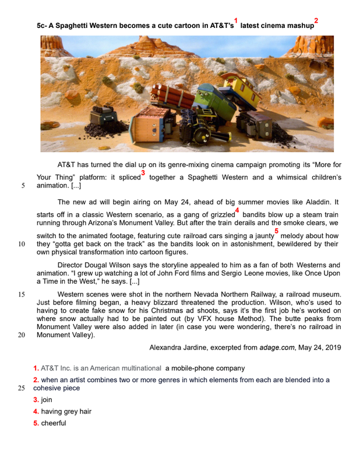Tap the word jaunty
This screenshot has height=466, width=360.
click(x=260, y=236)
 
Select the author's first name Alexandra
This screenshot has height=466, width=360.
click(x=169, y=348)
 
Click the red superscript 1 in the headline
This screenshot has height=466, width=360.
click(x=236, y=20)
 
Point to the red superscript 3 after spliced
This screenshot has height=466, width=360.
click(x=143, y=173)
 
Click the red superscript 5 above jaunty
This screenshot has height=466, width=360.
click(x=276, y=231)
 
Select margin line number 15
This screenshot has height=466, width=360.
click(x=22, y=295)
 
